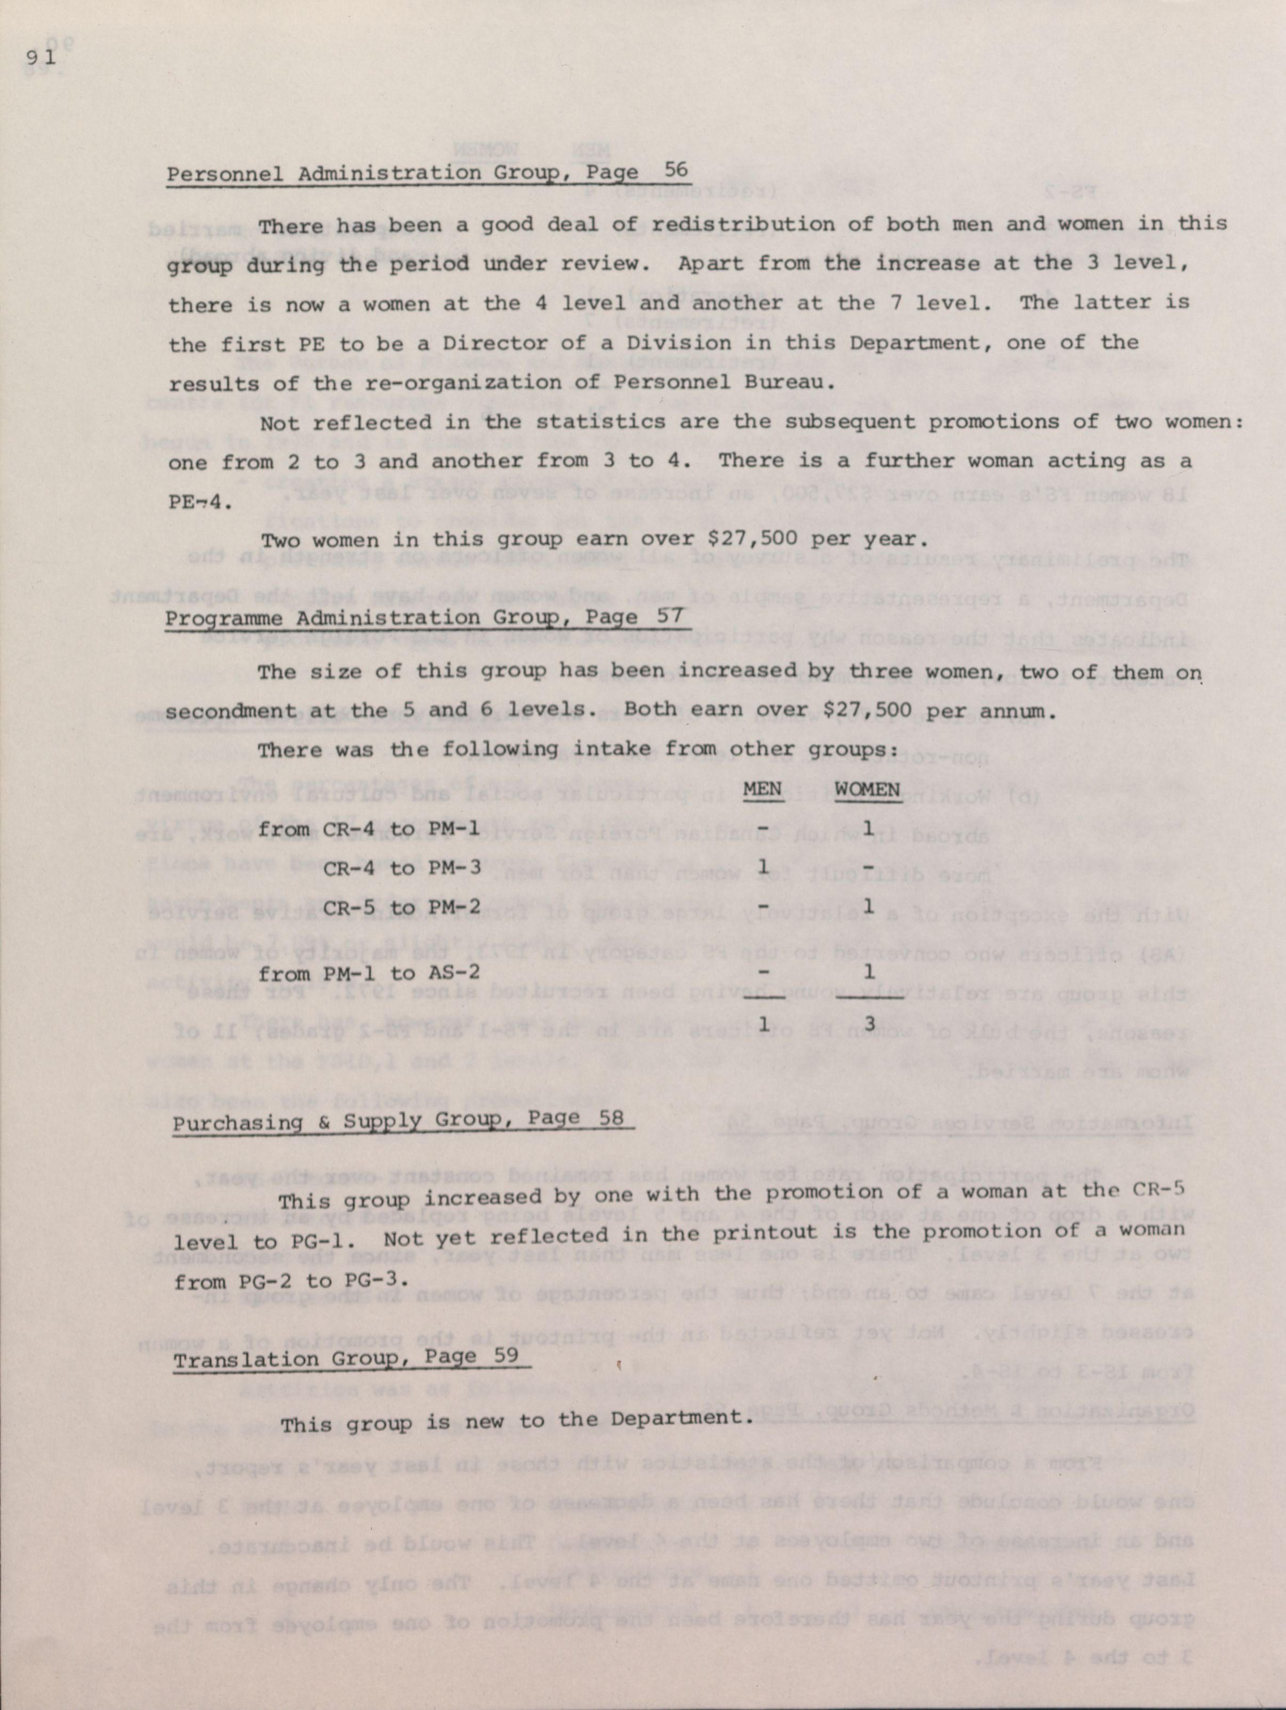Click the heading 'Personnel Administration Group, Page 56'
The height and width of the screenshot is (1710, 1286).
click(x=427, y=172)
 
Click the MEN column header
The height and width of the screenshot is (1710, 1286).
click(x=763, y=789)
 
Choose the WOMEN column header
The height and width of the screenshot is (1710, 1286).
click(x=868, y=789)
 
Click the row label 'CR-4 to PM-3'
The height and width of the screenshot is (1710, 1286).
click(x=402, y=868)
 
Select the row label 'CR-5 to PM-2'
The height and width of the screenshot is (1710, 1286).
click(x=402, y=908)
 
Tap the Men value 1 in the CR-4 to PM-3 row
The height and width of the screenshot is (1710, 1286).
click(x=763, y=866)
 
